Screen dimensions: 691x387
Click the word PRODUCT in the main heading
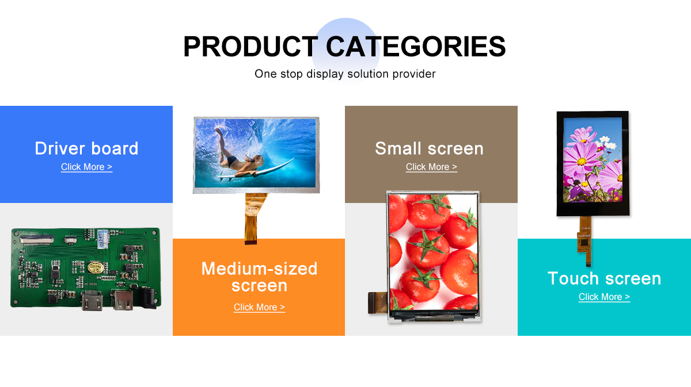tap(250, 47)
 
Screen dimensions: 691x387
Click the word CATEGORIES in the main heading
tap(416, 47)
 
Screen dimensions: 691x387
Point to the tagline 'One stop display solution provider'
tap(345, 74)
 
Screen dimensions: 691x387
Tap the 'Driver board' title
tap(86, 148)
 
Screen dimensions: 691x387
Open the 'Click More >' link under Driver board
tap(87, 167)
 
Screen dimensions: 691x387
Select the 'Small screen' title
tap(429, 148)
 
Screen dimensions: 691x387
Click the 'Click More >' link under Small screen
tap(431, 167)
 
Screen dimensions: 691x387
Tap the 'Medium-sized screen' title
tap(259, 277)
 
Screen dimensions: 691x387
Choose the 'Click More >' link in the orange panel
tap(260, 307)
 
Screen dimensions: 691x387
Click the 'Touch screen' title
tap(604, 278)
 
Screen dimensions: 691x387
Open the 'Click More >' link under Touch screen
tap(604, 297)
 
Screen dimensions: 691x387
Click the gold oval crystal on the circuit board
tap(95, 267)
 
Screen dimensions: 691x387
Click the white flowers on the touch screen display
tap(607, 143)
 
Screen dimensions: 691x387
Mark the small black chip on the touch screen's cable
tap(584, 243)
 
